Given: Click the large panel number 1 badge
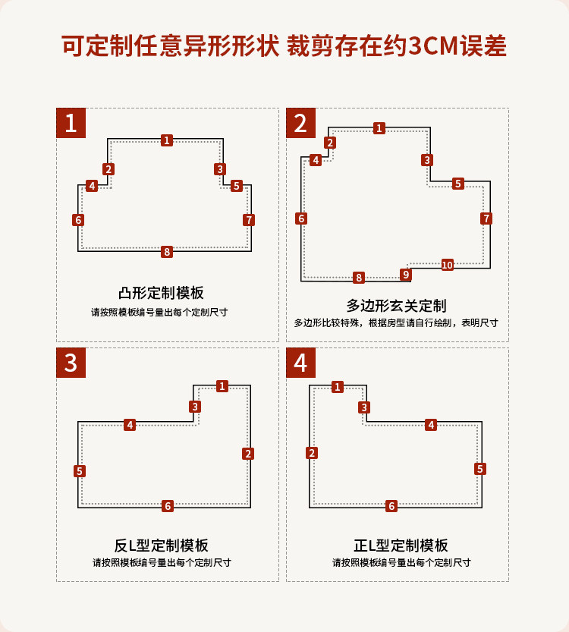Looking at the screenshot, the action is [x=71, y=123].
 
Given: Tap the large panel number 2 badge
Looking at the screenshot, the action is [x=300, y=123].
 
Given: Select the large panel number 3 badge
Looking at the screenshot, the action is [x=71, y=363].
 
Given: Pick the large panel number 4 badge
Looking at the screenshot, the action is [x=300, y=363].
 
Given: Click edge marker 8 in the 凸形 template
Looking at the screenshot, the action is [x=167, y=252].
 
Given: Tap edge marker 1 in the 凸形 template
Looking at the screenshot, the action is [x=167, y=140].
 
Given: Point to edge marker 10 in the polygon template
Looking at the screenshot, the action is [x=447, y=265].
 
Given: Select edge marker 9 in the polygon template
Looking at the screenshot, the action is [x=406, y=275].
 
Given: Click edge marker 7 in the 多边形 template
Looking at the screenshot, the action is [x=486, y=219].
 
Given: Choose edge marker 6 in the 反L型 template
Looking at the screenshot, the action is [x=168, y=506].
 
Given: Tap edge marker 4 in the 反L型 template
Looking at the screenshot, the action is [x=130, y=425].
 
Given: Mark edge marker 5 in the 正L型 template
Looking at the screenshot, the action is [x=480, y=469].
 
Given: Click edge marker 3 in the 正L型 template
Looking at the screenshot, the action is [x=364, y=407].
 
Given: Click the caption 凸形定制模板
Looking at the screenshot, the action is [x=162, y=293].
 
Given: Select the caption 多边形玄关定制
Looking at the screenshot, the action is [x=396, y=306].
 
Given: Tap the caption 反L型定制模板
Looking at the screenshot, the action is [x=162, y=546].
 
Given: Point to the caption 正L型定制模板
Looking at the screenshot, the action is [x=401, y=546].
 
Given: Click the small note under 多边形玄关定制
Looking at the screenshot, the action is [x=396, y=323].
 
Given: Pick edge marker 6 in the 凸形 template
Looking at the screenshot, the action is [x=78, y=220].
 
